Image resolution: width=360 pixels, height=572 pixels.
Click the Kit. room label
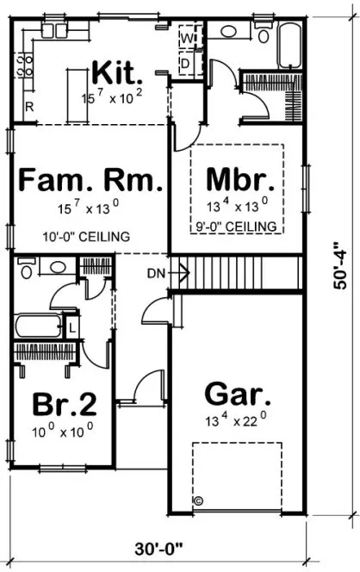pos(117,70)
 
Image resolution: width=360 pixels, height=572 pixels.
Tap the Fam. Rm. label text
pos(90,182)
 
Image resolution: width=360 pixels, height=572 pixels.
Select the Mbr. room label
pos(240,182)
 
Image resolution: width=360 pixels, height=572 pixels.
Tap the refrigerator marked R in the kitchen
pos(28,107)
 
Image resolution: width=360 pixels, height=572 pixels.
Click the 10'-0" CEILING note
pos(86,236)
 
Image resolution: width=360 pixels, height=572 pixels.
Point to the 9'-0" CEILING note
pos(237,226)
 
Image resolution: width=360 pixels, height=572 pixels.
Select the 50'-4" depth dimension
pos(342,267)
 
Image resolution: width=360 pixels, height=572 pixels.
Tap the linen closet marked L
pos(71,329)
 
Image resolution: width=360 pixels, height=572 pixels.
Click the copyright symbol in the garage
pos(197,501)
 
